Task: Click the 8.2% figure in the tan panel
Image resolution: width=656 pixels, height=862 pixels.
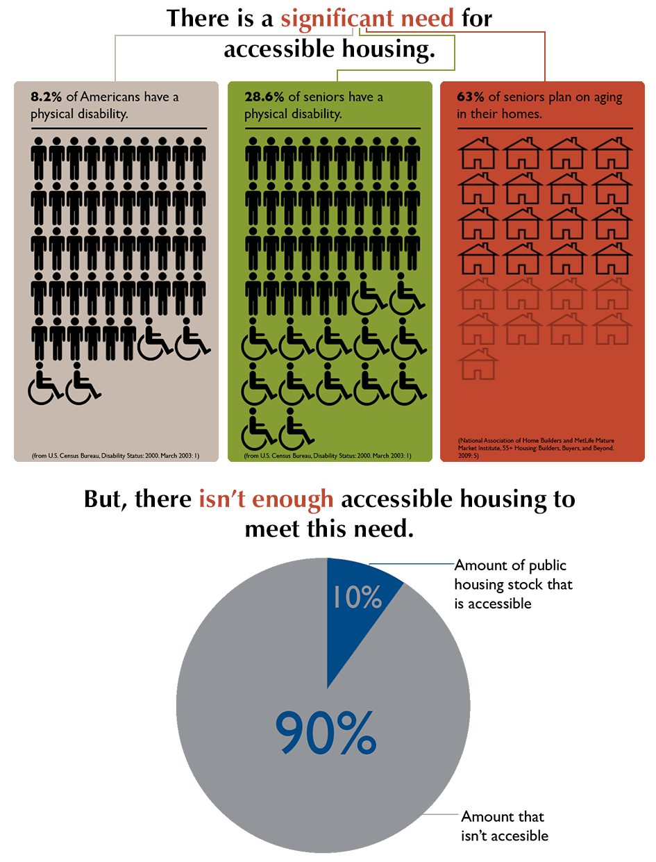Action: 46,97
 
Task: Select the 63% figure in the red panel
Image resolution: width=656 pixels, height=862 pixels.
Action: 470,97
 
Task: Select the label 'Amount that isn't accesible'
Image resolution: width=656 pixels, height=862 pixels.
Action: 504,826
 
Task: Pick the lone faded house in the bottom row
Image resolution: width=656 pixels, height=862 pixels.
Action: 479,365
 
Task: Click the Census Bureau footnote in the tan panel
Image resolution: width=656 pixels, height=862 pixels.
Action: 116,456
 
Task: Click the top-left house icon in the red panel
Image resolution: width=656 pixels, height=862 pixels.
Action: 479,153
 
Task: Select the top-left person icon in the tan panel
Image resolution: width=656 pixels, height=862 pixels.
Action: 39,158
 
